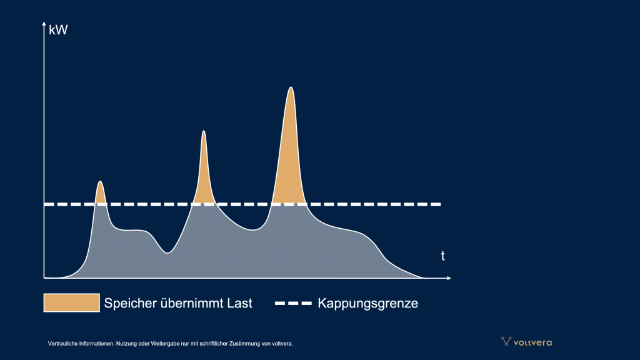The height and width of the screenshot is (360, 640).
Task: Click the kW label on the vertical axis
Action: tap(58, 30)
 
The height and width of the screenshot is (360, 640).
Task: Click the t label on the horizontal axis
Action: tap(443, 256)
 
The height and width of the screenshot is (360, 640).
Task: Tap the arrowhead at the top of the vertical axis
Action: tap(44, 24)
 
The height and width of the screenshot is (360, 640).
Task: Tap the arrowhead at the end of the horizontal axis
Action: tap(449, 278)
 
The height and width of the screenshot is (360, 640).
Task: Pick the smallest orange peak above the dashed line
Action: tap(101, 194)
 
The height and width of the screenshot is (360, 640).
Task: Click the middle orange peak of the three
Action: tap(204, 176)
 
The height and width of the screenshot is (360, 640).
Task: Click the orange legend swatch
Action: tap(71, 303)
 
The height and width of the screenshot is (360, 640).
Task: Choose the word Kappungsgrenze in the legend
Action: tap(367, 303)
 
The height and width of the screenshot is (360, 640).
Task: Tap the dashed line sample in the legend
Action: tap(293, 303)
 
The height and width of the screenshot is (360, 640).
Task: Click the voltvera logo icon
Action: tap(506, 341)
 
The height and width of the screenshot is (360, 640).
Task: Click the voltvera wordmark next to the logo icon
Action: tap(532, 343)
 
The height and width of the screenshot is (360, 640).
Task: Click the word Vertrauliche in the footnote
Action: tap(62, 344)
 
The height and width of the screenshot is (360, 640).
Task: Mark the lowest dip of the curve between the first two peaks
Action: tap(167, 253)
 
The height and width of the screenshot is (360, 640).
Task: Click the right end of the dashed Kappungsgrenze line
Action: tap(441, 204)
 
